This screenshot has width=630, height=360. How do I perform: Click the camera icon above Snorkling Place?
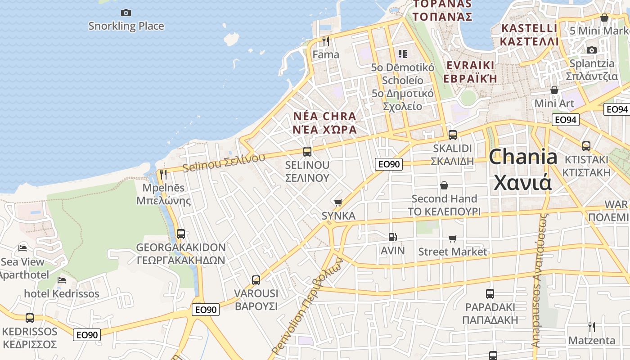[126, 13]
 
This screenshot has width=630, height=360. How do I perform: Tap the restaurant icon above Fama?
[326, 41]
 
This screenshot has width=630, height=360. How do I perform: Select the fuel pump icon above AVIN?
[392, 237]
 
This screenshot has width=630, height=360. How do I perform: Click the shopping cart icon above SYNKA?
[338, 202]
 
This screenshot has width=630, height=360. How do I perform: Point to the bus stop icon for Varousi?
[256, 280]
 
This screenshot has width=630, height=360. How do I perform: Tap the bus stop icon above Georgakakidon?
[180, 234]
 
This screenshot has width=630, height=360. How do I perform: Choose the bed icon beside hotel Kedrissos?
[62, 280]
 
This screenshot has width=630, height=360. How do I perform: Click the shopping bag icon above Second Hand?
[444, 185]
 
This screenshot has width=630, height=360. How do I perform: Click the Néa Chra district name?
[324, 123]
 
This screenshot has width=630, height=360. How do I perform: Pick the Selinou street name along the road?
[224, 163]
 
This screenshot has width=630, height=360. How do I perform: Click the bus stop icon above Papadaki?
[490, 294]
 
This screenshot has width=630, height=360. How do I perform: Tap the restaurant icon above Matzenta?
[592, 327]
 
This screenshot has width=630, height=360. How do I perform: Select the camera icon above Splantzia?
[592, 50]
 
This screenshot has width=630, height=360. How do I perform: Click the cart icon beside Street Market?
[452, 238]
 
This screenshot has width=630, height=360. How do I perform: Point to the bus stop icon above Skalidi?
[452, 135]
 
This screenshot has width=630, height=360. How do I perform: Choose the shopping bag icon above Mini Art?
[554, 90]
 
